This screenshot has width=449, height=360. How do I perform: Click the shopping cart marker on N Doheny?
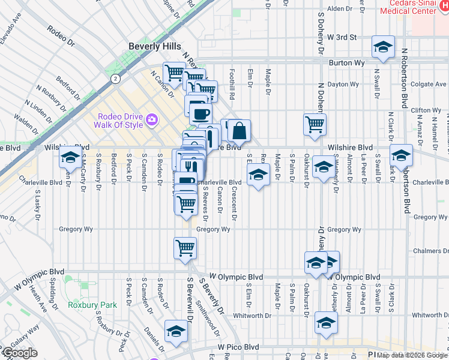point(315,124)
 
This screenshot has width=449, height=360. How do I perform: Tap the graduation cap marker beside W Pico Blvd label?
point(176,331)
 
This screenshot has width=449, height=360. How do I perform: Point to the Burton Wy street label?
point(343,62)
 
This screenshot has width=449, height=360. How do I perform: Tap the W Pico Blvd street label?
point(238,347)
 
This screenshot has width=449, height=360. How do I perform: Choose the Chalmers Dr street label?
point(431,251)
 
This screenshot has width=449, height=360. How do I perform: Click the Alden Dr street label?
point(339,9)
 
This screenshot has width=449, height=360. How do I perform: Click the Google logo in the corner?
point(20,353)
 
